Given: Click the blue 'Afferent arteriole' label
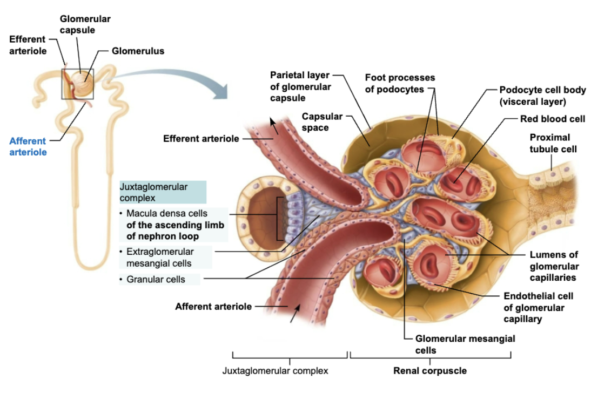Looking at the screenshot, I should point(28,146).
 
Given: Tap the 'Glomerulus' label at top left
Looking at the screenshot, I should point(138,51).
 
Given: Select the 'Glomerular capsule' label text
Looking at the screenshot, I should point(85,24).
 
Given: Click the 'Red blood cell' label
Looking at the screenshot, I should point(552,119).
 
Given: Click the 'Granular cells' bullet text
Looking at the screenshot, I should point(156,279).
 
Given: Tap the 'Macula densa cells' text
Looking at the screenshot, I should point(166,213).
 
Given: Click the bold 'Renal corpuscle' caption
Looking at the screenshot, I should point(430,371).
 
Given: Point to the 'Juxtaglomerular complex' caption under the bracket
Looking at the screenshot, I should point(275,371).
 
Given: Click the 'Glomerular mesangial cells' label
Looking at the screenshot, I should point(465,344).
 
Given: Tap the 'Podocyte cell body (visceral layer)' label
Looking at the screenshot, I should point(542,96).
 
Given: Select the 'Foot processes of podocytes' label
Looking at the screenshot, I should point(399,84).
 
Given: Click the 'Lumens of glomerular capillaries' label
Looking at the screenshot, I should point(554,266).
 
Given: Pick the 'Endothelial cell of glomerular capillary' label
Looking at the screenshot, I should point(538,307).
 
